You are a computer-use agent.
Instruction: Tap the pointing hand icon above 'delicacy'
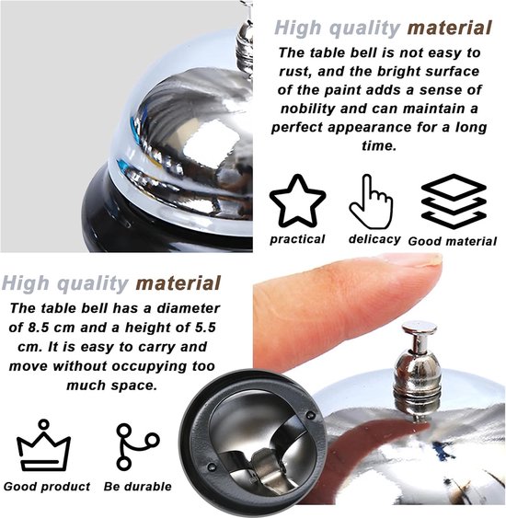372,201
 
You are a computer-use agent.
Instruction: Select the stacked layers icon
454,201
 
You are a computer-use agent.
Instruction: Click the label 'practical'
297,239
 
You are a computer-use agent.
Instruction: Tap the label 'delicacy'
374,239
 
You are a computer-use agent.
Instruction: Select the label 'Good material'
452,241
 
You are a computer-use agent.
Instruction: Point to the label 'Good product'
47,487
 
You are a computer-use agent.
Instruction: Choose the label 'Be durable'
137,487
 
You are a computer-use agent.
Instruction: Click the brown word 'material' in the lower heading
178,283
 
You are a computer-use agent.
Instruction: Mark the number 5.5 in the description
205,328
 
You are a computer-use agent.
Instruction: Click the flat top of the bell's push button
420,327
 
